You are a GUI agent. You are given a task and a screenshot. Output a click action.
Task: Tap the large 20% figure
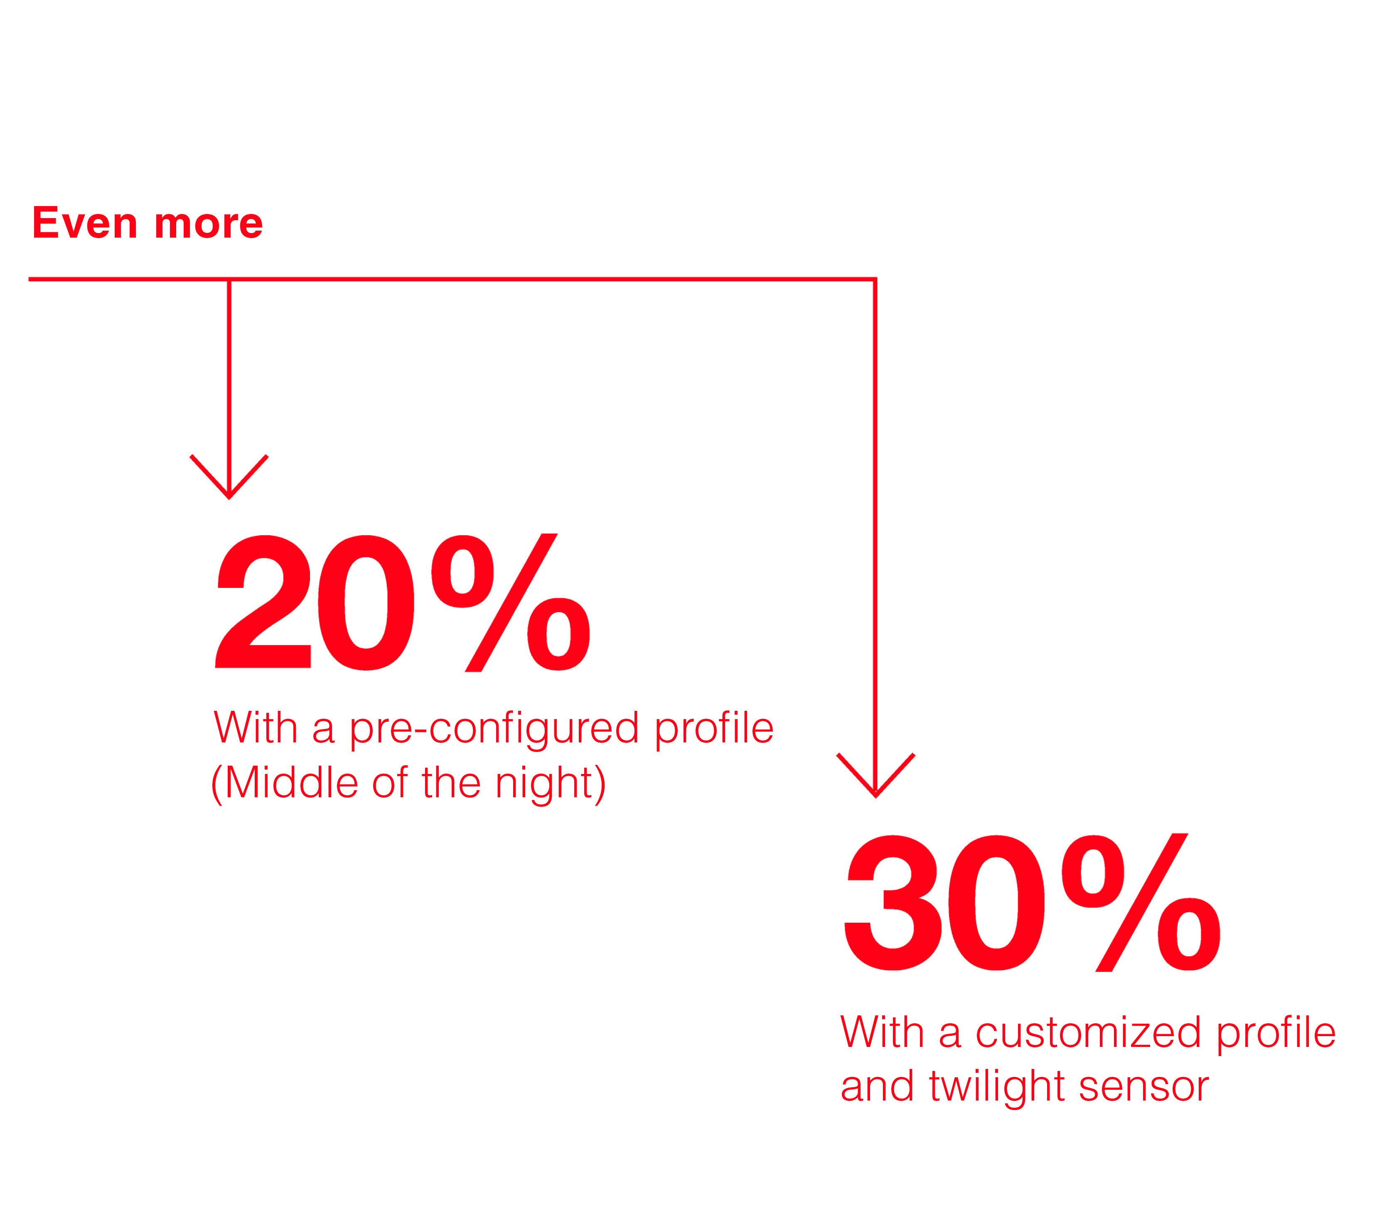[403, 603]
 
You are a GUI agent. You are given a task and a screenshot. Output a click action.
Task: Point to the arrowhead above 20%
[229, 477]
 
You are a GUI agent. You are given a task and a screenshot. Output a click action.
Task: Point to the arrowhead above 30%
[876, 775]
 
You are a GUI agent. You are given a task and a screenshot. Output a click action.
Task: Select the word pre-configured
[494, 730]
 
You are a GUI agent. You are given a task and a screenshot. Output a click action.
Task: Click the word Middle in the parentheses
[291, 783]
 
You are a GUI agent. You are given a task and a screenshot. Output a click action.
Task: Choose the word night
[545, 785]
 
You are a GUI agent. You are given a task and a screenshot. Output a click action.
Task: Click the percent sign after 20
[511, 603]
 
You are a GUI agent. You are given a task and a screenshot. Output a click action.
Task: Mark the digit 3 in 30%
[893, 902]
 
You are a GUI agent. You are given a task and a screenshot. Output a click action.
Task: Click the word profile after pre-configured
[714, 730]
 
